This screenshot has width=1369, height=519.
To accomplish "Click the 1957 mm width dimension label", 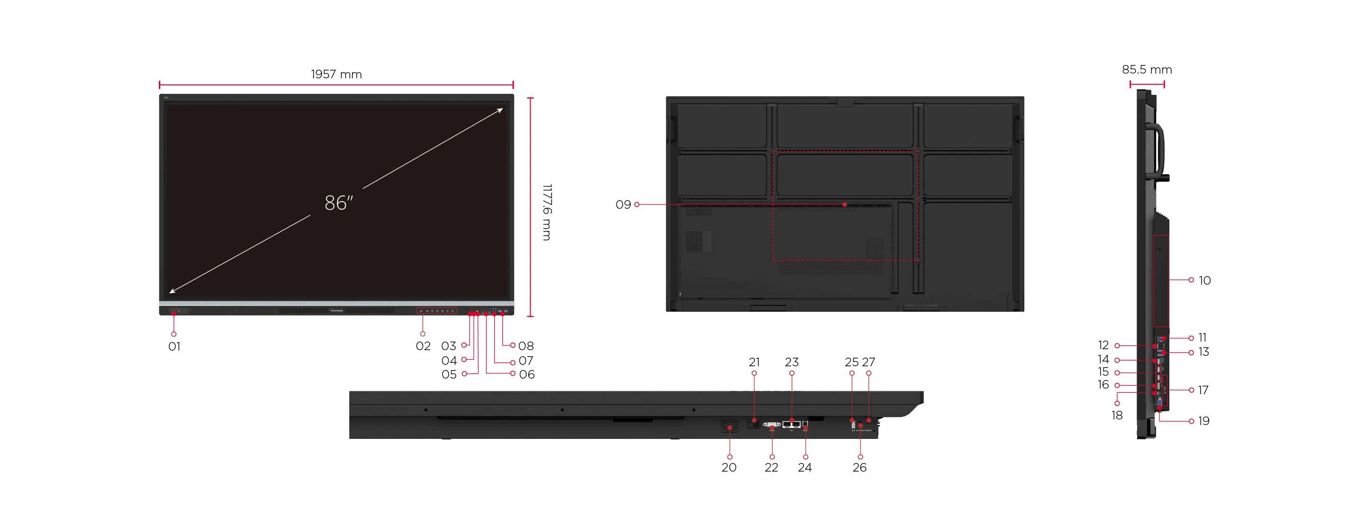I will point(336,74).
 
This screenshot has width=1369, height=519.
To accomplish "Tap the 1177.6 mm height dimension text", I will point(547,212).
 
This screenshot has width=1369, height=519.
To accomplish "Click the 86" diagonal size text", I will point(339,203).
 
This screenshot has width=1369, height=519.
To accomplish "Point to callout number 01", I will point(175,347).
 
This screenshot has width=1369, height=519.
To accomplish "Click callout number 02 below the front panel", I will point(423,347).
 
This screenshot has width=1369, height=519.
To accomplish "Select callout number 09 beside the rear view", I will point(623,205).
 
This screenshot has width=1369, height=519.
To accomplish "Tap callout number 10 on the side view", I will point(1204,280).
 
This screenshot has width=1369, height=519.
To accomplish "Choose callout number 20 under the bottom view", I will point(729,467).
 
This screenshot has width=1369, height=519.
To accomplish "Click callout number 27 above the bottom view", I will point(868,362).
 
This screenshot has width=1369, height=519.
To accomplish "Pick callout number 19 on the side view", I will point(1204,421).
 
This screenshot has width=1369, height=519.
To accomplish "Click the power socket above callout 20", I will point(729,426).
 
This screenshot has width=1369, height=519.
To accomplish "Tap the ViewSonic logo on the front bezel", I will point(336,311).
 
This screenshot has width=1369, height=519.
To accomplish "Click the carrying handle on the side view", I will point(1159,151).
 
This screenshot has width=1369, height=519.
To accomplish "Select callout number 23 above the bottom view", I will point(791,362).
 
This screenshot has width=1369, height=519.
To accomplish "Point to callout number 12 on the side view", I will point(1103,345).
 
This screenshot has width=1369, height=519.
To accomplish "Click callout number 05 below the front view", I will point(449,374).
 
